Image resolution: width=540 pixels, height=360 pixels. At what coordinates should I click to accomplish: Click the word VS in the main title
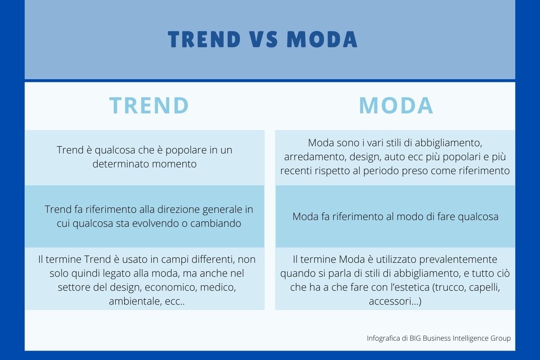(x=264, y=39)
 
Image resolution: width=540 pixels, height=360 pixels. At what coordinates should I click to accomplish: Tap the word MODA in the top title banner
(x=322, y=39)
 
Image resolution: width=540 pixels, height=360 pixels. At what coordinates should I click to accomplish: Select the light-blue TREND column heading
(x=149, y=105)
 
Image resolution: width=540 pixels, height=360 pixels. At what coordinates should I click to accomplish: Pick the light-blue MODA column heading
(x=396, y=105)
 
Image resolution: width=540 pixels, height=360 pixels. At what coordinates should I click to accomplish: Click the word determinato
(x=121, y=164)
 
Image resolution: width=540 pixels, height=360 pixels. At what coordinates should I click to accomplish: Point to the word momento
(x=174, y=164)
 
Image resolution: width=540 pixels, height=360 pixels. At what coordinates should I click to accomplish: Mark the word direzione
(x=178, y=209)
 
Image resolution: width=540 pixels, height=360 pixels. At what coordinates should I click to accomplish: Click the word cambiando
(x=216, y=223)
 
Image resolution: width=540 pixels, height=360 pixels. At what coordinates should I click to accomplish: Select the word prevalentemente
(x=458, y=260)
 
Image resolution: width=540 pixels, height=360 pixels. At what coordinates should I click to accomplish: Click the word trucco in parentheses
(x=447, y=287)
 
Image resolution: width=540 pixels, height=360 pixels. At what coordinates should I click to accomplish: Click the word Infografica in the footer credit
(x=383, y=338)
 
